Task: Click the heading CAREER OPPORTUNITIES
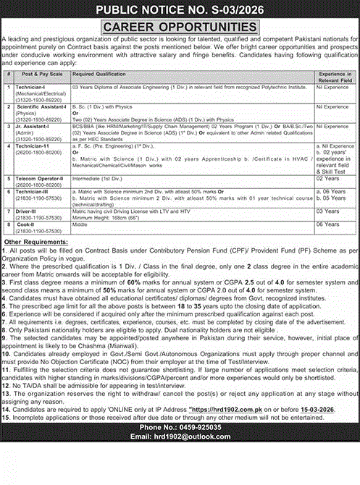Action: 180,27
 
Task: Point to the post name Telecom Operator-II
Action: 41,176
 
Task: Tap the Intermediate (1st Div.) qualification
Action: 97,176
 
